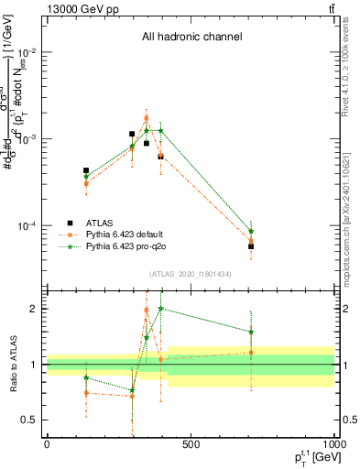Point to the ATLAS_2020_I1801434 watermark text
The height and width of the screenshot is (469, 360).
191,274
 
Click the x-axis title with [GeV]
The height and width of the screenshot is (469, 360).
314,459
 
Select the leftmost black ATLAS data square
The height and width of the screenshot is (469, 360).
86,170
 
